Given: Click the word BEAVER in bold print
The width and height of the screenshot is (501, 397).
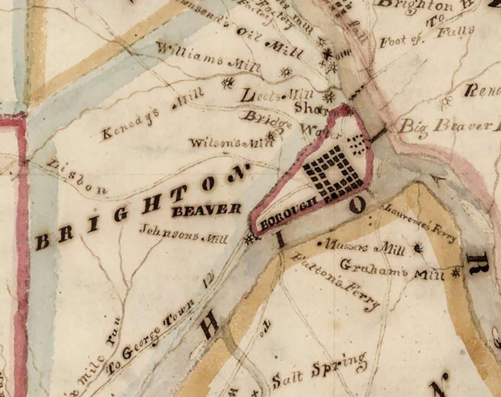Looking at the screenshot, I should (x=206, y=210).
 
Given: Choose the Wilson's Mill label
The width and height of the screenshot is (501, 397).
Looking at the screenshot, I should (x=231, y=143).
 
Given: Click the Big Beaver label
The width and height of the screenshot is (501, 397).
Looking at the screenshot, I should (x=448, y=125).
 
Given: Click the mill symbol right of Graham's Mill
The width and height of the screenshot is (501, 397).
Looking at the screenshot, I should (x=456, y=273).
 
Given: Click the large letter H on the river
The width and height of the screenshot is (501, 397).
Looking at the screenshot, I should (x=210, y=323).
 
